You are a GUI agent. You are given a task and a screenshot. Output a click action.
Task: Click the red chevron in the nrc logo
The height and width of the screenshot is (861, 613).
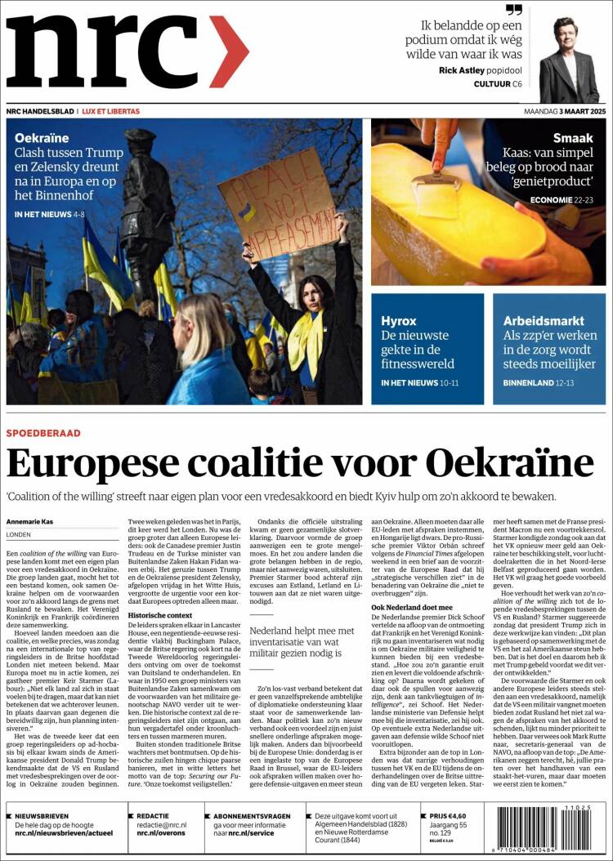pos(228,51)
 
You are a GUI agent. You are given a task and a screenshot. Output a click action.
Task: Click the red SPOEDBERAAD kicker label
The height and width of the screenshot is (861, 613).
pos(43,433)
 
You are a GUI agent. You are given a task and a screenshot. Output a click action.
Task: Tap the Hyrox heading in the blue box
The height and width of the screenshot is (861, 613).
pos(399,321)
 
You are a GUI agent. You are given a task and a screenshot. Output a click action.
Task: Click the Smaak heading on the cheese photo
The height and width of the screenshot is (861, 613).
pos(573,138)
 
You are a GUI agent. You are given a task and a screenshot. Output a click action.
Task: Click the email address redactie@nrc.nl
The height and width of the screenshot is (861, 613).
pos(162,826)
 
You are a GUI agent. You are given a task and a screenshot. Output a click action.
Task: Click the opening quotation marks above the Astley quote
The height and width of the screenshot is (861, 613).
pos(513,11)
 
